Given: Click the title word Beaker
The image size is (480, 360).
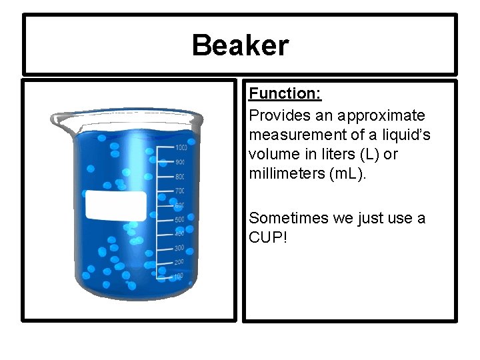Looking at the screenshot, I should (x=240, y=46).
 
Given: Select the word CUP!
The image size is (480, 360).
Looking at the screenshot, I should (x=268, y=237).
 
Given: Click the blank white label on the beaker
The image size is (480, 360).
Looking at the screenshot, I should (x=115, y=205).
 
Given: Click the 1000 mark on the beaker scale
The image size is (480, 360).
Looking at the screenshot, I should (x=181, y=147).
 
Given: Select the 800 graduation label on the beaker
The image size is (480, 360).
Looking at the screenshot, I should (x=179, y=177).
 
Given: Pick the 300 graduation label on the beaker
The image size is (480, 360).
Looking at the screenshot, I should (x=179, y=248).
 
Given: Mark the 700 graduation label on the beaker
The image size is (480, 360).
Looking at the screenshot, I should (x=179, y=191).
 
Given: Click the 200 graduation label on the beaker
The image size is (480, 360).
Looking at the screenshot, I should (x=179, y=262).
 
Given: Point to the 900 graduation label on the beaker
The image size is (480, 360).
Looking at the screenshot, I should (x=179, y=162).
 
